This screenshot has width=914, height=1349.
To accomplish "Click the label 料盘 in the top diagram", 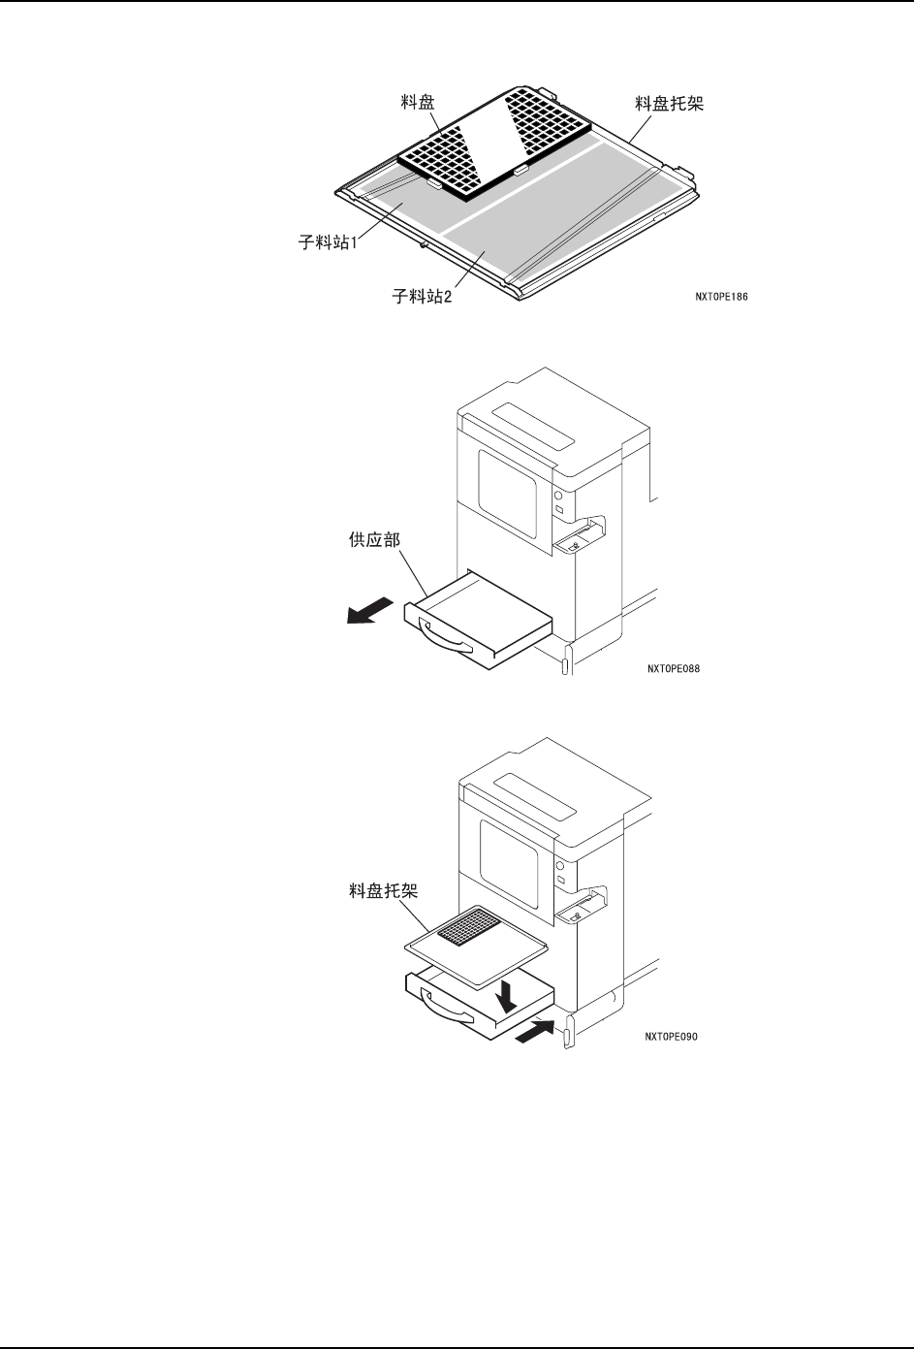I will click(x=418, y=100).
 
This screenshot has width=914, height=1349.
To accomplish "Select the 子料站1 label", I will click(x=328, y=242).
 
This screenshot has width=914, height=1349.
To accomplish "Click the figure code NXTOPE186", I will click(x=721, y=298).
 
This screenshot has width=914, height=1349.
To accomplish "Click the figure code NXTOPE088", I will click(x=673, y=667).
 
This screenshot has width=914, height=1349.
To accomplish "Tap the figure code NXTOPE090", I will click(x=672, y=1036).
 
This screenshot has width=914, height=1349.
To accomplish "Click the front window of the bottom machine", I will click(x=513, y=843).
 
